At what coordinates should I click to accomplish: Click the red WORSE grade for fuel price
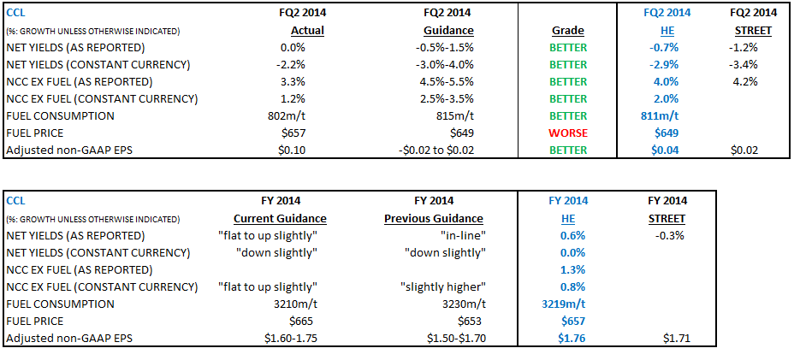click(x=567, y=133)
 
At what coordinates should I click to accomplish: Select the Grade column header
click(x=567, y=31)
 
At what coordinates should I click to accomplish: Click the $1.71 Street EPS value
click(x=675, y=338)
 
